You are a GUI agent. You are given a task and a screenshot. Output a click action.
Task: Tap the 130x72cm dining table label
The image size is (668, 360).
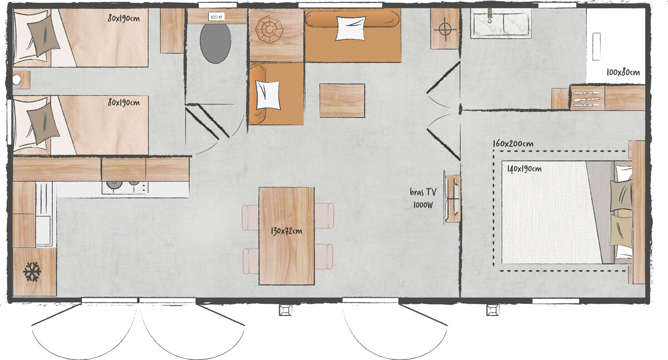287,231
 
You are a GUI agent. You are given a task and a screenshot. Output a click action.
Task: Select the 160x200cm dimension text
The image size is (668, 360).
513,144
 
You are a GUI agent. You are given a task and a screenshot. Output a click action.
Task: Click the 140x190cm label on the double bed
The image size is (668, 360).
524,169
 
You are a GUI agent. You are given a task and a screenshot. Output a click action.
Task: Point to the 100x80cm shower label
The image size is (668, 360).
623,72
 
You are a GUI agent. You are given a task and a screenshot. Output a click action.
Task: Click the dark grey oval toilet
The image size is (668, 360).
215,43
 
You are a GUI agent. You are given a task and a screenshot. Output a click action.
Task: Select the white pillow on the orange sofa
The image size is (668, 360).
351,28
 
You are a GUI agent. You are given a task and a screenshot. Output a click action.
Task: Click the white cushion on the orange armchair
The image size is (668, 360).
267,95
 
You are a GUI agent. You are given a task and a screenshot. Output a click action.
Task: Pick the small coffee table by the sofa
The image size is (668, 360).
342,100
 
